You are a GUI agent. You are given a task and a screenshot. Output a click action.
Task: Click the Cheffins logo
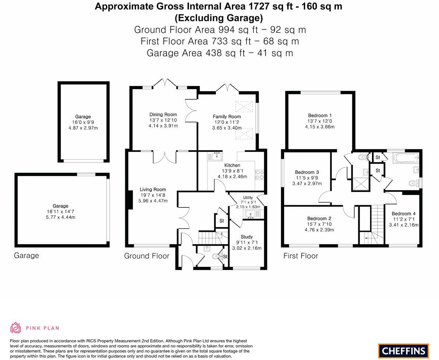pyautogui.click(x=403, y=350)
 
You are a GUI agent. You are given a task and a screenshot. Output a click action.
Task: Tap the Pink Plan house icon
pyautogui.click(x=16, y=328)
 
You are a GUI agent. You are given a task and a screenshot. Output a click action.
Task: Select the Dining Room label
pyautogui.click(x=163, y=115)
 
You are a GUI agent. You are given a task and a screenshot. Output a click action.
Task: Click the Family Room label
pyautogui.click(x=227, y=116)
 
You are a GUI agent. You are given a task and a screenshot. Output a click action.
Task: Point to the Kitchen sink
pyautogui.click(x=217, y=156)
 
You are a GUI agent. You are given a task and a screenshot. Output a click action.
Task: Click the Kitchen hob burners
pyautogui.click(x=257, y=174)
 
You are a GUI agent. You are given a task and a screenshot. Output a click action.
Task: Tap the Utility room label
pyautogui.click(x=248, y=198)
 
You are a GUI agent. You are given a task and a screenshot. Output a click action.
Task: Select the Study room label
pyautogui.click(x=247, y=237)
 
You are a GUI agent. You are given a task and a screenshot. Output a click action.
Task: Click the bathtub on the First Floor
pyautogui.click(x=406, y=158)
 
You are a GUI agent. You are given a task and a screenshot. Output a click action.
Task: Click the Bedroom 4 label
pyautogui.click(x=403, y=214)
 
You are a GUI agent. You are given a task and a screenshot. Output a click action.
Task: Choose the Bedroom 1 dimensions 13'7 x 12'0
pyautogui.click(x=320, y=121)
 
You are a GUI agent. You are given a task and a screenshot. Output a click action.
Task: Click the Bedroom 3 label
pyautogui.click(x=307, y=172)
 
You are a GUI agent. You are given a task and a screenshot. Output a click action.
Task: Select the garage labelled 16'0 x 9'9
pyautogui.click(x=83, y=122)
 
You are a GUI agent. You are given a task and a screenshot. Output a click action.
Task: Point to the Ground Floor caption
pyautogui.click(x=147, y=256)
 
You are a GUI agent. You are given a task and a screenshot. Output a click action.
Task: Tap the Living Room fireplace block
pyautogui.click(x=130, y=200)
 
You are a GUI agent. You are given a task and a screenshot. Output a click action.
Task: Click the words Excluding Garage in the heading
pyautogui.click(x=219, y=18)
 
